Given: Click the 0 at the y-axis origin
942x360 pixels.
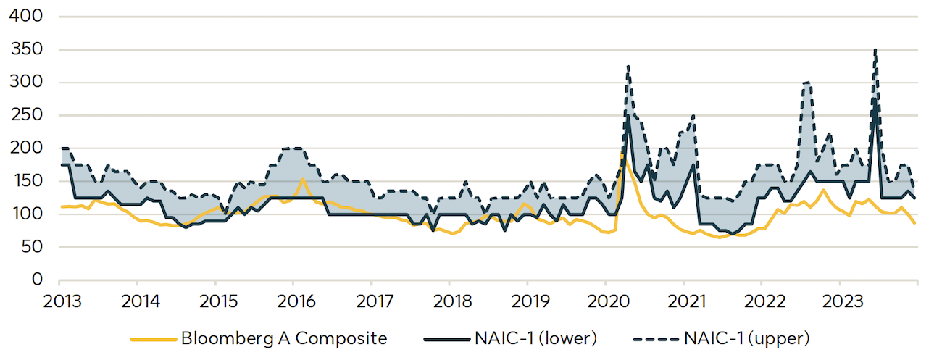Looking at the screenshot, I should tap(36, 280).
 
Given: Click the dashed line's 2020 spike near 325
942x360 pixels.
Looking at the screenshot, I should tap(628, 67).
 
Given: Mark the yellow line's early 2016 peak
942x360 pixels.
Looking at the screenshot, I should tap(302, 179).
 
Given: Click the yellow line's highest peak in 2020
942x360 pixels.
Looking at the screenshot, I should tap(622, 154).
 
